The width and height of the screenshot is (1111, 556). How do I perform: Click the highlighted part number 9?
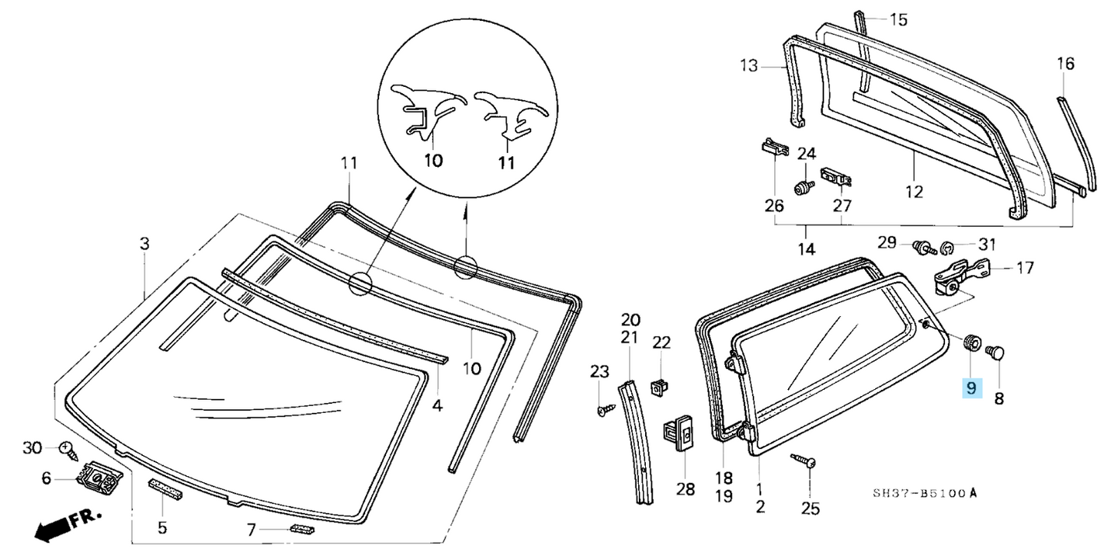(971, 389)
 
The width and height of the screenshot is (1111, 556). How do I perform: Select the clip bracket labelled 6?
(98, 478)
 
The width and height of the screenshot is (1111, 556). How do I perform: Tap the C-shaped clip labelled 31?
(947, 248)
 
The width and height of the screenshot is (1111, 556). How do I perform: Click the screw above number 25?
(803, 461)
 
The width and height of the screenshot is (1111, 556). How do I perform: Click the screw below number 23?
(603, 410)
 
